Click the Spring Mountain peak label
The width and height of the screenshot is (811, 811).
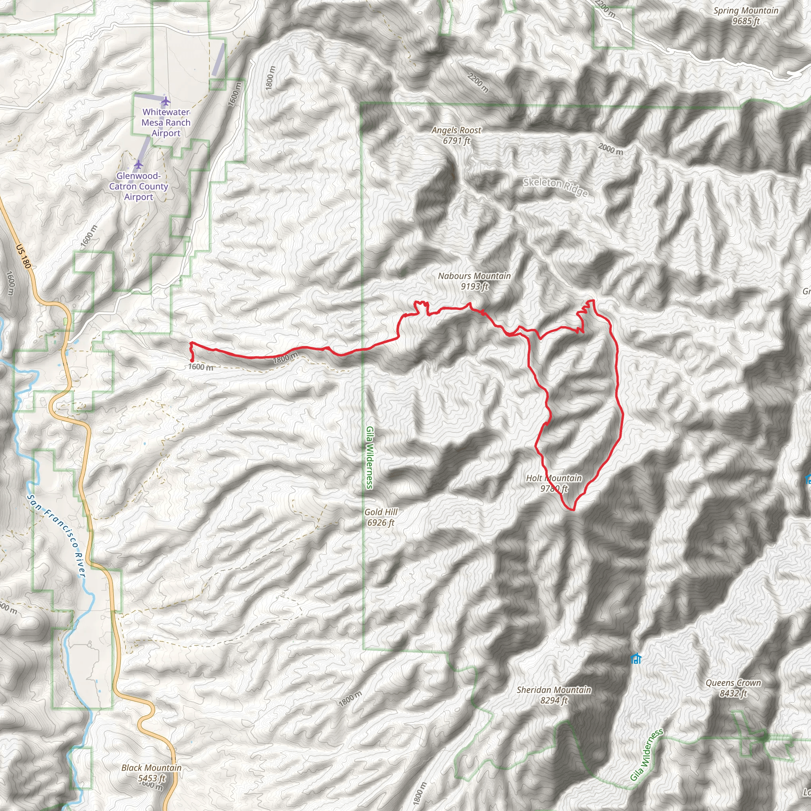coord(746,16)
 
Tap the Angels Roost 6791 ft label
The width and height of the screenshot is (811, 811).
coord(456,135)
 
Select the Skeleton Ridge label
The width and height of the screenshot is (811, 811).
coord(555,187)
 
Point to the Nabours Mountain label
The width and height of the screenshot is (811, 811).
coord(474,281)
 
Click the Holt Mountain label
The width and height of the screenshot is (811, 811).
coord(554,483)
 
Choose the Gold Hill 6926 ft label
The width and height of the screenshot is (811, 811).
coord(381,517)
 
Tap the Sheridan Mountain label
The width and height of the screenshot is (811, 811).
coord(554,695)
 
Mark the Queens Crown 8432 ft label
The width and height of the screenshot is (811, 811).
coord(733,688)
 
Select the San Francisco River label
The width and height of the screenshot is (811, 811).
coord(57,535)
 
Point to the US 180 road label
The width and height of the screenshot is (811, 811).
coord(23,257)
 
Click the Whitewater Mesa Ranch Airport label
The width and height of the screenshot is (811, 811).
coord(166,123)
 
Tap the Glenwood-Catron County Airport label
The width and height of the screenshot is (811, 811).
coord(139,187)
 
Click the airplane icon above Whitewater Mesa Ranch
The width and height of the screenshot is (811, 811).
coord(166,101)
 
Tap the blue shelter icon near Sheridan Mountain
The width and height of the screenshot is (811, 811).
coord(636,659)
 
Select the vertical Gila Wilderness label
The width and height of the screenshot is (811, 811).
coord(369,457)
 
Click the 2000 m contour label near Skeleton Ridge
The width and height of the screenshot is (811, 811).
coord(611,148)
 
